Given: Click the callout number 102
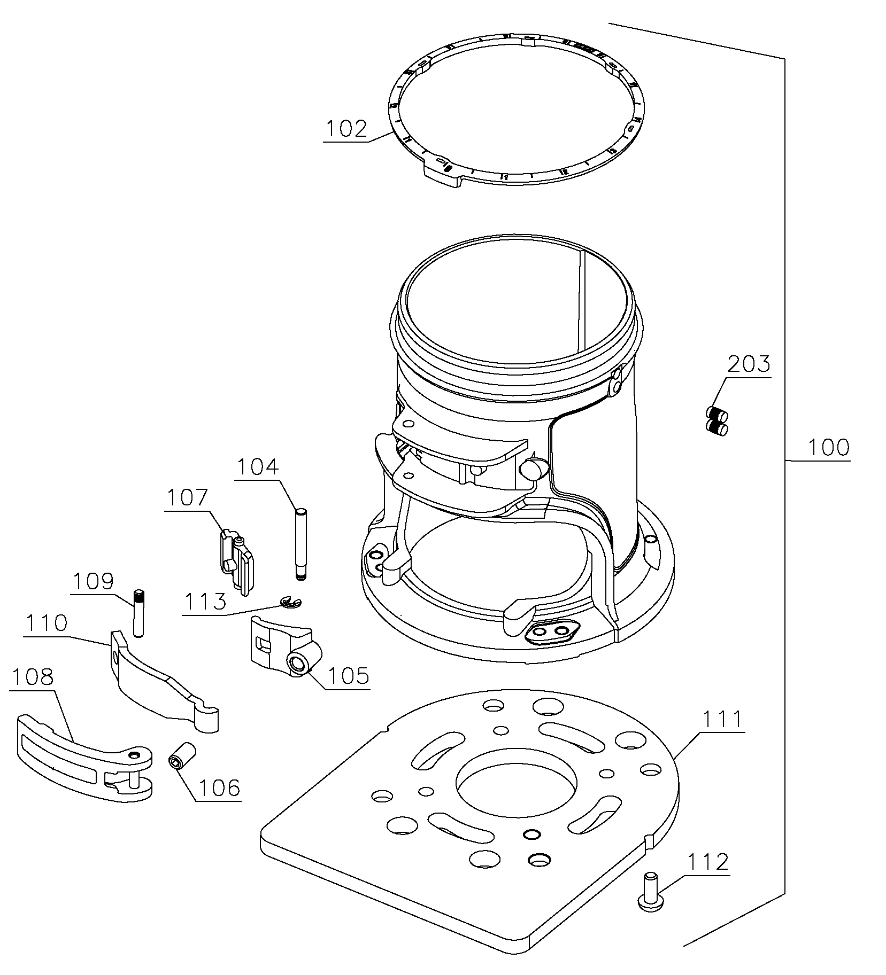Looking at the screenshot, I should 347,129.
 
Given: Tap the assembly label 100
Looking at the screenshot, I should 828,447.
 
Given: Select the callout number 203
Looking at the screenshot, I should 749,364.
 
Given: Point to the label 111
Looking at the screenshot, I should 721,720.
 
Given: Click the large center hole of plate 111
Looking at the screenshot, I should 516,782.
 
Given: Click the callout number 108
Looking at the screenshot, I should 32,677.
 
